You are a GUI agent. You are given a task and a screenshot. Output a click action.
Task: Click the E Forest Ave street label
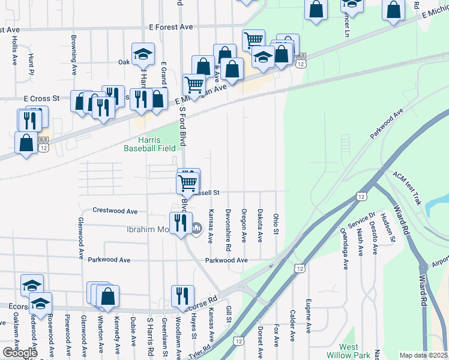click(x=170, y=27)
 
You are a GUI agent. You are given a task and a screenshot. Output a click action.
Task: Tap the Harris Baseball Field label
click(x=150, y=144)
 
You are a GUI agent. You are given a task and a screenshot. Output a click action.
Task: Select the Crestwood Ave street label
click(x=115, y=211)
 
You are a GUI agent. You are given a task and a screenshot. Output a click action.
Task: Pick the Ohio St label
click(x=276, y=223)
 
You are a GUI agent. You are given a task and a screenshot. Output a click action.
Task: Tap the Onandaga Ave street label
click(x=345, y=248)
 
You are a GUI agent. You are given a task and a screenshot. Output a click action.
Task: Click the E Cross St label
click(x=42, y=98)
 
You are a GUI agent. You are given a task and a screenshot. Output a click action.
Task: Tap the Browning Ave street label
click(x=74, y=55)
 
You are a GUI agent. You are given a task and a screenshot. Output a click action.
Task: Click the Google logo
click(x=20, y=353)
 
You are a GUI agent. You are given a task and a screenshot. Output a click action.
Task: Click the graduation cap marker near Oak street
click(x=143, y=55)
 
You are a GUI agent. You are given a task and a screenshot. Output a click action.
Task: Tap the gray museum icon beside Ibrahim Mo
click(x=197, y=229)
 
